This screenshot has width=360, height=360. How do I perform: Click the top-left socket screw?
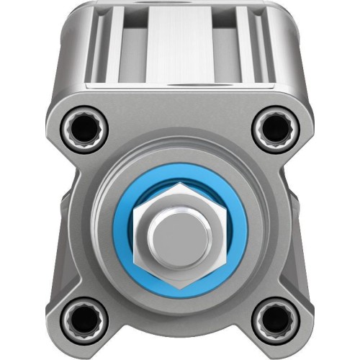86,130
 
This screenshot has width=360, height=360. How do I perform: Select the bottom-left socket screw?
86,318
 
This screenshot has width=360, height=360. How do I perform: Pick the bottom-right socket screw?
274,318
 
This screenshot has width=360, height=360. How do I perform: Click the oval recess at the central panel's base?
181,85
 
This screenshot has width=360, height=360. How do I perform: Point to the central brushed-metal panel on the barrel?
180,47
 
